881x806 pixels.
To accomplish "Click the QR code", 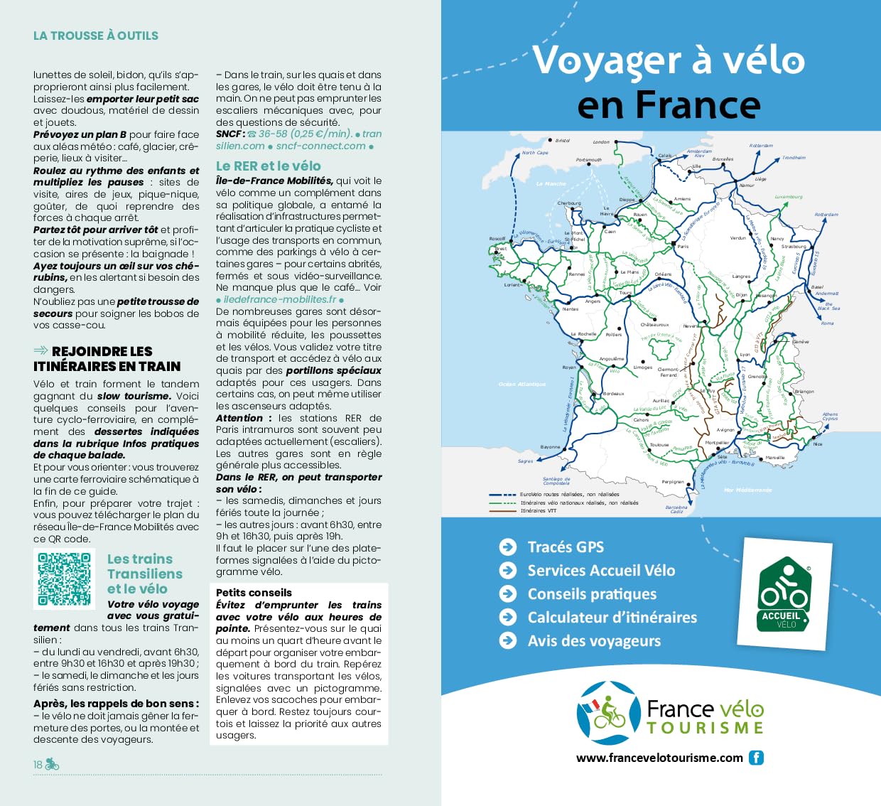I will point(65,579).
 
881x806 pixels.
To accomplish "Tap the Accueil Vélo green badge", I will point(784,595).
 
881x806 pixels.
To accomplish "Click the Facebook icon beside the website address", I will point(757,758).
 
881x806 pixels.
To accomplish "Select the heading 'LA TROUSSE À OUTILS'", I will point(96,36).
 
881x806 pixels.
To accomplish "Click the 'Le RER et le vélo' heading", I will point(268,166).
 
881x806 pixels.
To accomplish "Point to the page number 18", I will point(38,765).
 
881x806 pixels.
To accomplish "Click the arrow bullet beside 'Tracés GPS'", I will point(507,547).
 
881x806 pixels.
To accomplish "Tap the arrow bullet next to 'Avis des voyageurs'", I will point(507,640).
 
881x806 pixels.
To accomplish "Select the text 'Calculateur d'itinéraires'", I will point(612,617).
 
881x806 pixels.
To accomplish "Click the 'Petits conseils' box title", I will point(254,592).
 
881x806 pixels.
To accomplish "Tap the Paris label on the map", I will point(683,247).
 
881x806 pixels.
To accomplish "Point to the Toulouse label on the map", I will point(659,445).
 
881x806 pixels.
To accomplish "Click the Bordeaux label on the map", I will point(613,393).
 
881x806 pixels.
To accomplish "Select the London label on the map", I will point(601,142).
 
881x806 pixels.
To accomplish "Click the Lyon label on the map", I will point(745,354).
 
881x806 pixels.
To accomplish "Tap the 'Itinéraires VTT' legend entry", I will point(537,510).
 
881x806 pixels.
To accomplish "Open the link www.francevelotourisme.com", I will point(659,758).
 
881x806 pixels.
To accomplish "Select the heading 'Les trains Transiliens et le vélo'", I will point(144,574).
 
